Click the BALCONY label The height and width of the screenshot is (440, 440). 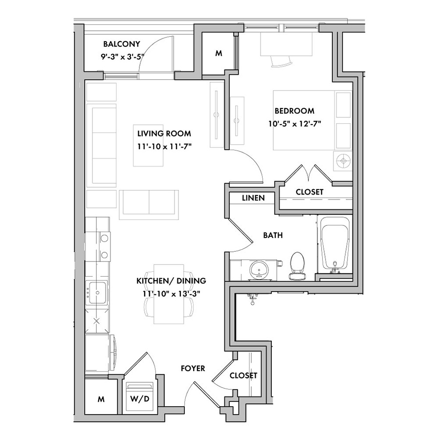pos(122,44)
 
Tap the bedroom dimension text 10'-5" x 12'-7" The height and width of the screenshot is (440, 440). pos(294,124)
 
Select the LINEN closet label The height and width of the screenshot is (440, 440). pos(253,198)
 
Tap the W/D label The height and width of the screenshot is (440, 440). pos(139,399)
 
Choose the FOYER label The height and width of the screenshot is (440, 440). pos(193,368)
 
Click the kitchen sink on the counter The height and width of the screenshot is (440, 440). pos(97,292)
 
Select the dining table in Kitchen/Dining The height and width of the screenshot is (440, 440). pos(169,294)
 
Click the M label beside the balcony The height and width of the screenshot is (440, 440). pos(219,53)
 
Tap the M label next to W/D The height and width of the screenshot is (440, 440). pos(101,399)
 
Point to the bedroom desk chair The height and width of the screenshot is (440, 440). pos(281,61)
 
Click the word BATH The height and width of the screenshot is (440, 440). pos(273,235)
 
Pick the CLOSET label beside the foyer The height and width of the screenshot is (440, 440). pos(243,375)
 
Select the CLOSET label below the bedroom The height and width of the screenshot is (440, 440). pos(309,192)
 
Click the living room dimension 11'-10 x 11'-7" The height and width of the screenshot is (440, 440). pos(164,147)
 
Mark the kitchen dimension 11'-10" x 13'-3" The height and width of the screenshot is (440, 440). pos(171,294)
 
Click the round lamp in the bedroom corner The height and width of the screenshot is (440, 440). pos(343,161)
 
